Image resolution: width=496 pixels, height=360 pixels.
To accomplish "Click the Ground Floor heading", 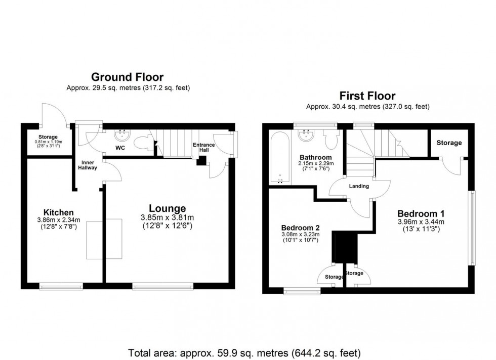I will (x=127, y=77).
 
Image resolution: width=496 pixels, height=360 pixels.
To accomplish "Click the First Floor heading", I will (x=367, y=96).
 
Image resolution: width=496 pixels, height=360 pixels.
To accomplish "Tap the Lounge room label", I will (x=167, y=208).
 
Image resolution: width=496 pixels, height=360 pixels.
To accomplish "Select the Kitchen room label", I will (x=59, y=212).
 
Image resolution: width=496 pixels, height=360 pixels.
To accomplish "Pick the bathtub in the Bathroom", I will (x=280, y=157).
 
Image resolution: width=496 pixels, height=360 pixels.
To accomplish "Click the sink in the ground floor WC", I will (x=122, y=134).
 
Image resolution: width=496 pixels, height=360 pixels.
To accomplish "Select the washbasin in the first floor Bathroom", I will (x=306, y=136).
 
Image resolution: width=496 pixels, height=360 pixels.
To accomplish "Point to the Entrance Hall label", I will (x=204, y=148).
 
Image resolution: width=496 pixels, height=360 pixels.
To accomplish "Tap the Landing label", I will (x=359, y=186).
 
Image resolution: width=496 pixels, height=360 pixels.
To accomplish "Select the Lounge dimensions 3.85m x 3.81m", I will (x=167, y=218).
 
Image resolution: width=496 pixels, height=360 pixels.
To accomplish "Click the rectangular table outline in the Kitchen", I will (x=105, y=238).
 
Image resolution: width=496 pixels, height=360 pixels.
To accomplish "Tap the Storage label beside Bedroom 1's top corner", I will (x=449, y=143).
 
